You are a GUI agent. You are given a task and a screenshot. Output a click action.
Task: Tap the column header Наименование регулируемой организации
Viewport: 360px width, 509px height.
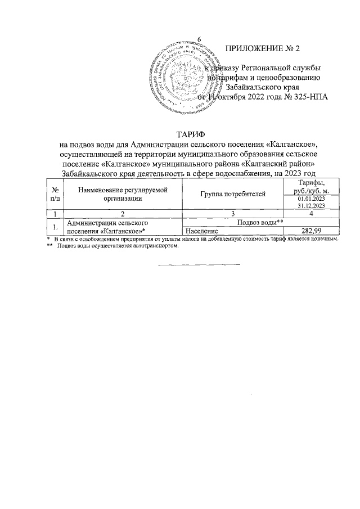pyautogui.click(x=123, y=193)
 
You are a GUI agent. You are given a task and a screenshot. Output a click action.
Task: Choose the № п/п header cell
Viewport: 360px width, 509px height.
pyautogui.click(x=55, y=193)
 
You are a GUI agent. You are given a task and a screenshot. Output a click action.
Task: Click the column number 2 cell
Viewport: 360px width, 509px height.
pyautogui.click(x=123, y=214)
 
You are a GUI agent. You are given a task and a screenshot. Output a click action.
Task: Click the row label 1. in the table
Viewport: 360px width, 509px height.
pyautogui.click(x=55, y=227)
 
